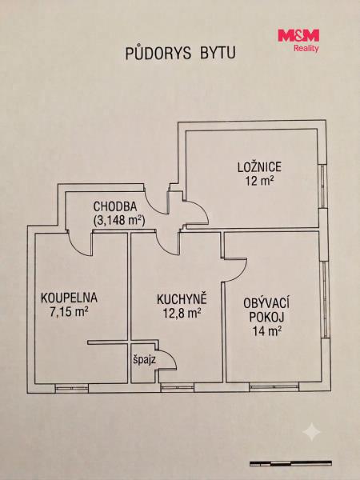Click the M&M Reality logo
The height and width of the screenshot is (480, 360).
click(298, 41)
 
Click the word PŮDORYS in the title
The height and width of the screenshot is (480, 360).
click(158, 53)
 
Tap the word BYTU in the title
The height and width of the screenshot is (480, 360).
click(218, 53)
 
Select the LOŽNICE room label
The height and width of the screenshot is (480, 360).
click(259, 167)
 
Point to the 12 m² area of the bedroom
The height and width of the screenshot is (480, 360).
click(259, 182)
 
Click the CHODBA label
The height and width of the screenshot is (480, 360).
click(115, 206)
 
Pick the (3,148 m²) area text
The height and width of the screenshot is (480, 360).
click(118, 221)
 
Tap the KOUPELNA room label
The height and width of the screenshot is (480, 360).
click(69, 298)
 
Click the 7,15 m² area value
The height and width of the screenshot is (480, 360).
click(69, 312)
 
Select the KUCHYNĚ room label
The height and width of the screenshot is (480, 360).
click(182, 299)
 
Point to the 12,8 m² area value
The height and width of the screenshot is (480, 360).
click(182, 313)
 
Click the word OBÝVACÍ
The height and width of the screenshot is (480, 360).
click(266, 303)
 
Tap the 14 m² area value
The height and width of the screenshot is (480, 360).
click(267, 331)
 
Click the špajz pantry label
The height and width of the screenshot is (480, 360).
click(145, 360)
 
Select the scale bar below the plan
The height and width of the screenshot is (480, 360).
click(290, 463)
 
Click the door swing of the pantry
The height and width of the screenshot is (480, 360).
click(171, 354)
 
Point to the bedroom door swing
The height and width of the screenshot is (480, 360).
click(203, 209)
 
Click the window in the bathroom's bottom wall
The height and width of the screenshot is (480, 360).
click(72, 388)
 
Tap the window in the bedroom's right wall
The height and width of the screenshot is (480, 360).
click(323, 186)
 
